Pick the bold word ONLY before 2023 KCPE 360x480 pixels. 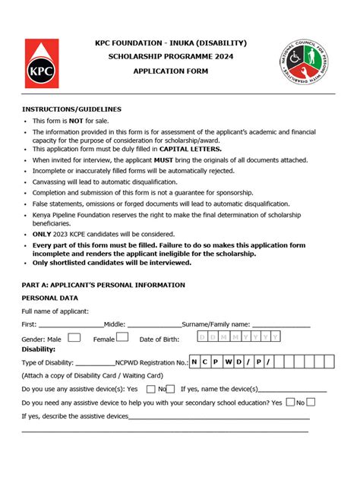pyautogui.click(x=43, y=234)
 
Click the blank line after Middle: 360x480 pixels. pyautogui.click(x=154, y=326)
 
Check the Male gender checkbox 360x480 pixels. pyautogui.click(x=74, y=337)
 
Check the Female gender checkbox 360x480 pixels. pyautogui.click(x=122, y=337)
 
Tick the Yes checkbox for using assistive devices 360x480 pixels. pyautogui.click(x=150, y=389)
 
